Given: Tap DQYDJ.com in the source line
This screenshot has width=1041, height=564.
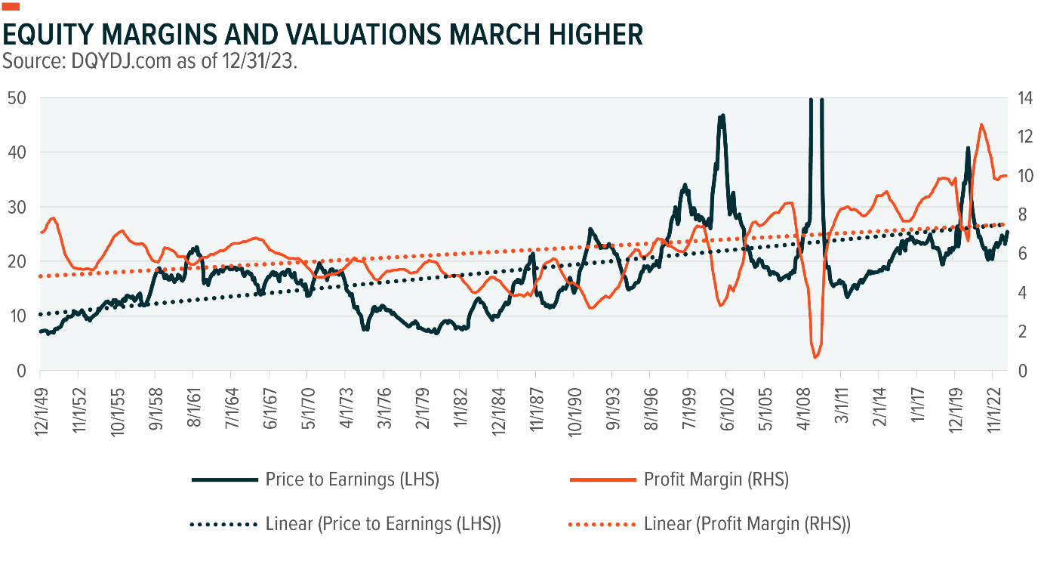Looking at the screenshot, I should (112, 62).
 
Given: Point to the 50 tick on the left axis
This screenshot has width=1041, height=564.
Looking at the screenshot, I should (18, 97).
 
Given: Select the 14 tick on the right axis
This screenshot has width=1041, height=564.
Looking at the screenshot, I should (1023, 97).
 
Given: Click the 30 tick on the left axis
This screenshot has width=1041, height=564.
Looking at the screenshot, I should (18, 207).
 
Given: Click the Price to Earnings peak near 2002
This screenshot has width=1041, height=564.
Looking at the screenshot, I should (722, 116).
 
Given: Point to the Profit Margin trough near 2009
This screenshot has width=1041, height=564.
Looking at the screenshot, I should (815, 356).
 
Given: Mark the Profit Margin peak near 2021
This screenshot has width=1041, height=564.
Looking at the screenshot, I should (981, 125).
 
